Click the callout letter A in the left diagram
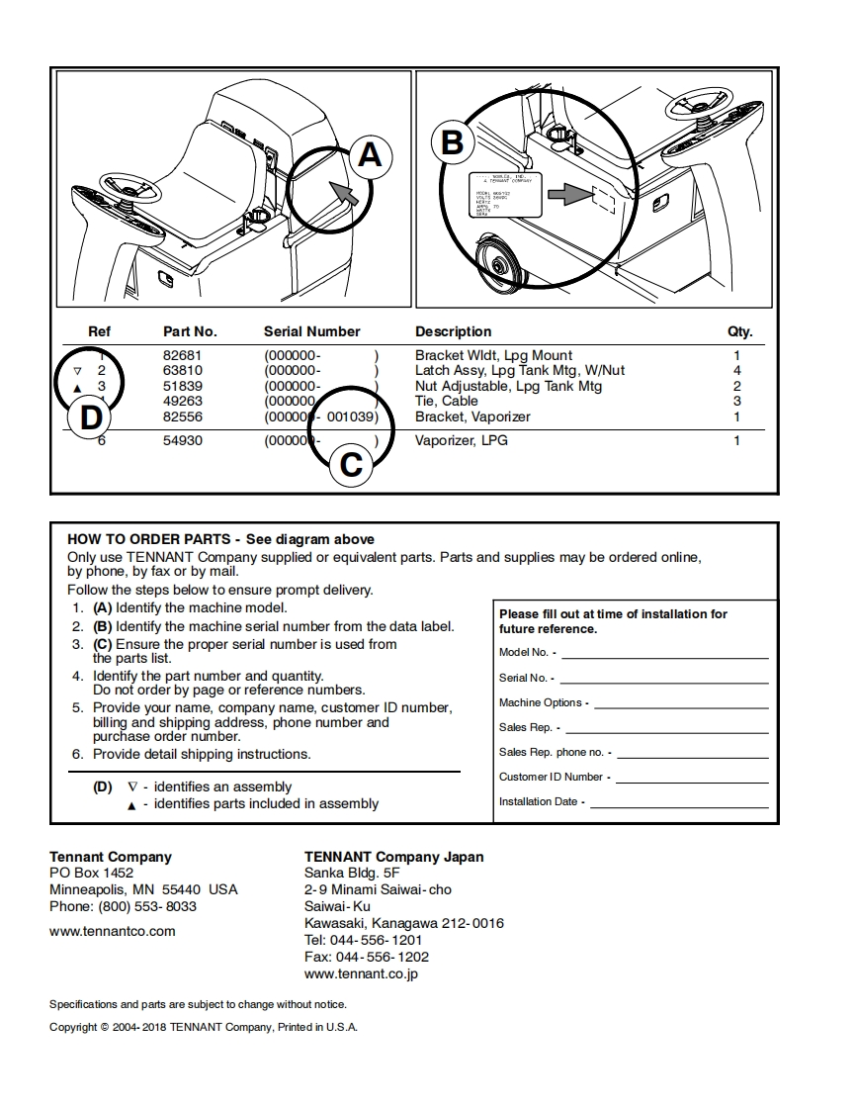coord(369,155)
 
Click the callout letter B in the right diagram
coord(452,143)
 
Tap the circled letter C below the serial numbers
coord(351,464)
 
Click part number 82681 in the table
coord(182,355)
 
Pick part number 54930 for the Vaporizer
coord(182,440)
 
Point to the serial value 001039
coord(350,416)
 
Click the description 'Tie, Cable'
coord(446,401)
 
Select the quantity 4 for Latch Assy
coord(736,370)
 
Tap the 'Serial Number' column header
coord(311,331)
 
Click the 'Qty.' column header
coord(739,331)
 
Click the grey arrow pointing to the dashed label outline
coord(567,196)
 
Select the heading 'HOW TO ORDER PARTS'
coord(149,539)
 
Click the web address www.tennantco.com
coord(112,931)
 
